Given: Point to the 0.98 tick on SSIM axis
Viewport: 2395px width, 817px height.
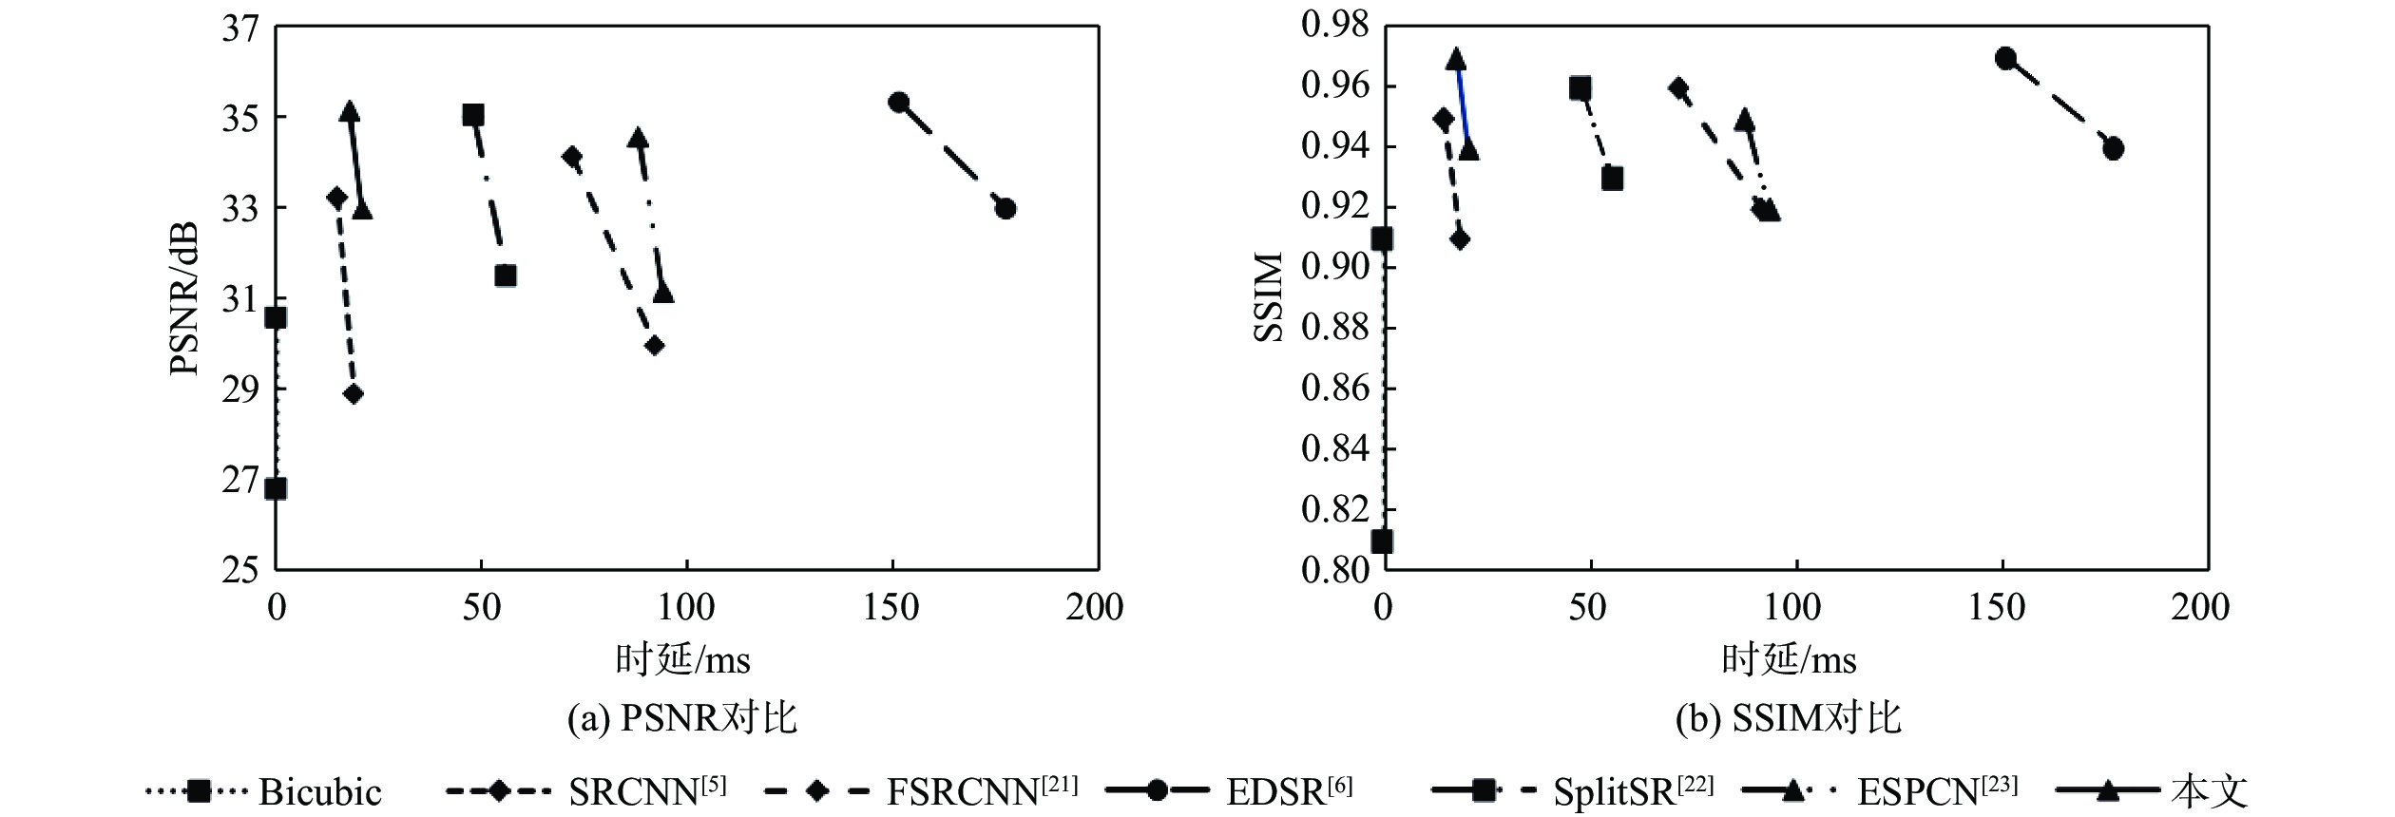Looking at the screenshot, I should (1335, 26).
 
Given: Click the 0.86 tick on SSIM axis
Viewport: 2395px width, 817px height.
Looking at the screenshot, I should (1335, 389).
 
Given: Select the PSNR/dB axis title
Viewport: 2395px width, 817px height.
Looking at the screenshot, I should (184, 298).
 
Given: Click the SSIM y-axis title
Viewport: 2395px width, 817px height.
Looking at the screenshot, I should (1270, 296).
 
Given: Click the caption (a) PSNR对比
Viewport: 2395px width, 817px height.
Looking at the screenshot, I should (681, 718).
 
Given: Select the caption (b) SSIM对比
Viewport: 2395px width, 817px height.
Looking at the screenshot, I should (1788, 718).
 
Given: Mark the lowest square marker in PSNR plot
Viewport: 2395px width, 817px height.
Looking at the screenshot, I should (276, 489).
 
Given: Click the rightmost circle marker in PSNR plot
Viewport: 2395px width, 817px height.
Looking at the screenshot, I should (1006, 208).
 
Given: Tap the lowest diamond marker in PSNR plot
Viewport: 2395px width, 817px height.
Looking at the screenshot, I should (354, 394).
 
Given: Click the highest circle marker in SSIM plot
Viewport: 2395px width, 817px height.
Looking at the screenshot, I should (2005, 59).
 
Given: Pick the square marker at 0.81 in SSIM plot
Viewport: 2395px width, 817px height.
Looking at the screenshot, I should (1382, 541).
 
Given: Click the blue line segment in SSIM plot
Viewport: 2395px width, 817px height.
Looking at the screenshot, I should (1463, 104).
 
